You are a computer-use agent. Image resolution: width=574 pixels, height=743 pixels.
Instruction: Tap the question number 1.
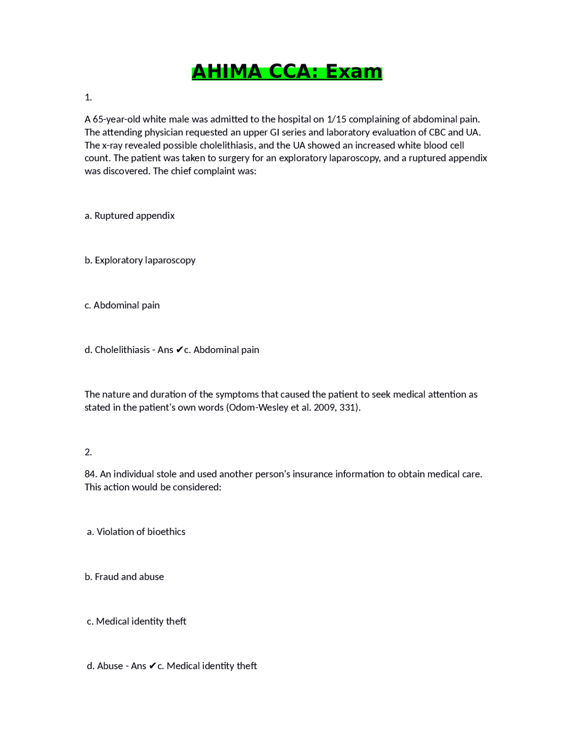[x=88, y=97]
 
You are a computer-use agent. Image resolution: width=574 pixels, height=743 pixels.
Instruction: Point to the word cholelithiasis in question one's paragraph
[x=227, y=145]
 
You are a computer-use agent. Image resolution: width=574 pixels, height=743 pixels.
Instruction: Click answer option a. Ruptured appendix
[x=130, y=216]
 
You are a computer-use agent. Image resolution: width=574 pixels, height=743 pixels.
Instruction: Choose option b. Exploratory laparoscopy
[x=140, y=260]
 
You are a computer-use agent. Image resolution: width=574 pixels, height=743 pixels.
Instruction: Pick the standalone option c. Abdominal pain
[x=122, y=305]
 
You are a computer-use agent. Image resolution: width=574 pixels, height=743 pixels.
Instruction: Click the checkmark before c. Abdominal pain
[x=179, y=350]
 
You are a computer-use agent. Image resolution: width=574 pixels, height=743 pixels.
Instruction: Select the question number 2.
[x=88, y=452]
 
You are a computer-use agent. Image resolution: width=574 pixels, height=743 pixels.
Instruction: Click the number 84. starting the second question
[x=91, y=474]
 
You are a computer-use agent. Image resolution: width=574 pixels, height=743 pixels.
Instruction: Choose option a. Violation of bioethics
[x=136, y=532]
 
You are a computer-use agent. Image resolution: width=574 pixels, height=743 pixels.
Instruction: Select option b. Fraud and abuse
[x=124, y=577]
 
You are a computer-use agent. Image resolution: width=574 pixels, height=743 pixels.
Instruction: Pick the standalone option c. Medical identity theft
[x=136, y=621]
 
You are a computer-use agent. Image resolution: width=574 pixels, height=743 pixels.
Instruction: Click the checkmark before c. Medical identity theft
[x=152, y=666]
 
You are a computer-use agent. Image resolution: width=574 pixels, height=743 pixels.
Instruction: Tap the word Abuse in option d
[x=110, y=666]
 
